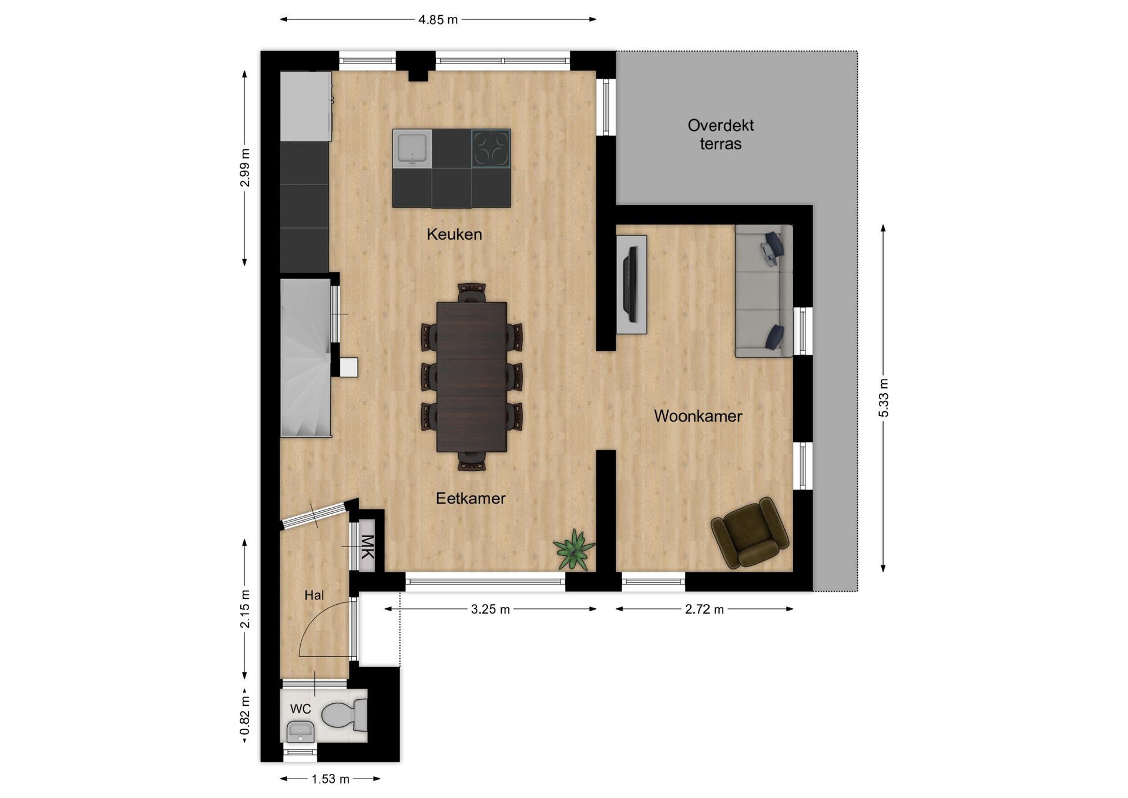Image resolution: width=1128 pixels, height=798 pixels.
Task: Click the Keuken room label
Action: (454, 234)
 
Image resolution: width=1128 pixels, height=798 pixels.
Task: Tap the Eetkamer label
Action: (471, 498)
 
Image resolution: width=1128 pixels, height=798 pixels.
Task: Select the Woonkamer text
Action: (698, 416)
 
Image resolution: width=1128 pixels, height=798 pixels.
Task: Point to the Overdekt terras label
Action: (721, 135)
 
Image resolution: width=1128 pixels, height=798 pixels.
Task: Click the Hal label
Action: (314, 595)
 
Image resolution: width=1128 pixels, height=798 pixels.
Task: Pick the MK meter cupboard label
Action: (367, 546)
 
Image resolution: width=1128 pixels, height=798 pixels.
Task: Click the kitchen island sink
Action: (412, 148)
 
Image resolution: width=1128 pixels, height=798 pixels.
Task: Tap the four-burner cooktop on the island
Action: (491, 148)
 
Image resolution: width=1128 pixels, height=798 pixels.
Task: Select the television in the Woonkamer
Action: (632, 284)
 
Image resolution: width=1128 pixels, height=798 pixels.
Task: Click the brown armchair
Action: (750, 533)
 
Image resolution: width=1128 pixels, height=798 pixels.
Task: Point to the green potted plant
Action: (574, 549)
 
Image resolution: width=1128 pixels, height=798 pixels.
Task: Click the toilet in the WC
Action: (344, 715)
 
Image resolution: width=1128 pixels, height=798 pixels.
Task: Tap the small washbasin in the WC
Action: (300, 732)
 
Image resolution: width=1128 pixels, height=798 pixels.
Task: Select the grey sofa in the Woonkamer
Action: (764, 291)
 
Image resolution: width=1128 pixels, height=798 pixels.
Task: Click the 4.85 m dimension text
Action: (438, 19)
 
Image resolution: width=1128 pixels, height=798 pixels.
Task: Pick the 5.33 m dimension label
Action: (884, 398)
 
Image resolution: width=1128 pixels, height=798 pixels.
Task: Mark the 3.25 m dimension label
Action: (491, 609)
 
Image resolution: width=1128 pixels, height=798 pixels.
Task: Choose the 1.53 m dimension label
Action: (330, 779)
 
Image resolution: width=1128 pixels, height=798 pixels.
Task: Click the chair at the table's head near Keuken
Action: (472, 293)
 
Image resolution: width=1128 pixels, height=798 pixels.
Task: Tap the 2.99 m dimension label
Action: (245, 168)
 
